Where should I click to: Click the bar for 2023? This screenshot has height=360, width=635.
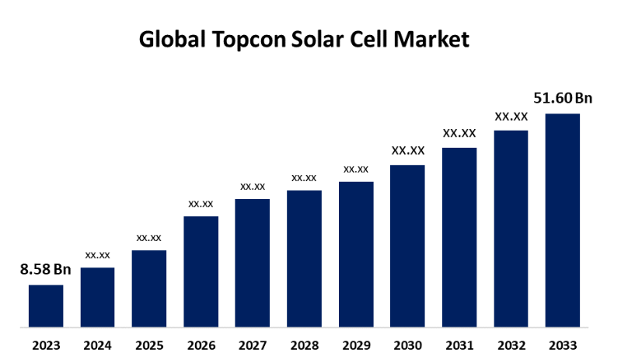click(x=46, y=306)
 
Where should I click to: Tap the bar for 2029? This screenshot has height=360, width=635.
click(x=356, y=253)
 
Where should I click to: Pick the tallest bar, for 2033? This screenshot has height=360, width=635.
click(x=563, y=219)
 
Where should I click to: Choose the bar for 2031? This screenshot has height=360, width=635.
click(x=459, y=236)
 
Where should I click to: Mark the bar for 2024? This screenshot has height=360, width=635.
click(x=97, y=296)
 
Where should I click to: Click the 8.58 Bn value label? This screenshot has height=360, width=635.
click(x=46, y=270)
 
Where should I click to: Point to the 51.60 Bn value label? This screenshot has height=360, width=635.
click(x=563, y=98)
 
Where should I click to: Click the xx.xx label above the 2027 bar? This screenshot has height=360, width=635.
click(x=253, y=186)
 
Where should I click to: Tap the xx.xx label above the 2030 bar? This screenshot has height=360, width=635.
click(x=407, y=151)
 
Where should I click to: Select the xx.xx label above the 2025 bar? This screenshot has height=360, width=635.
click(x=148, y=237)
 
